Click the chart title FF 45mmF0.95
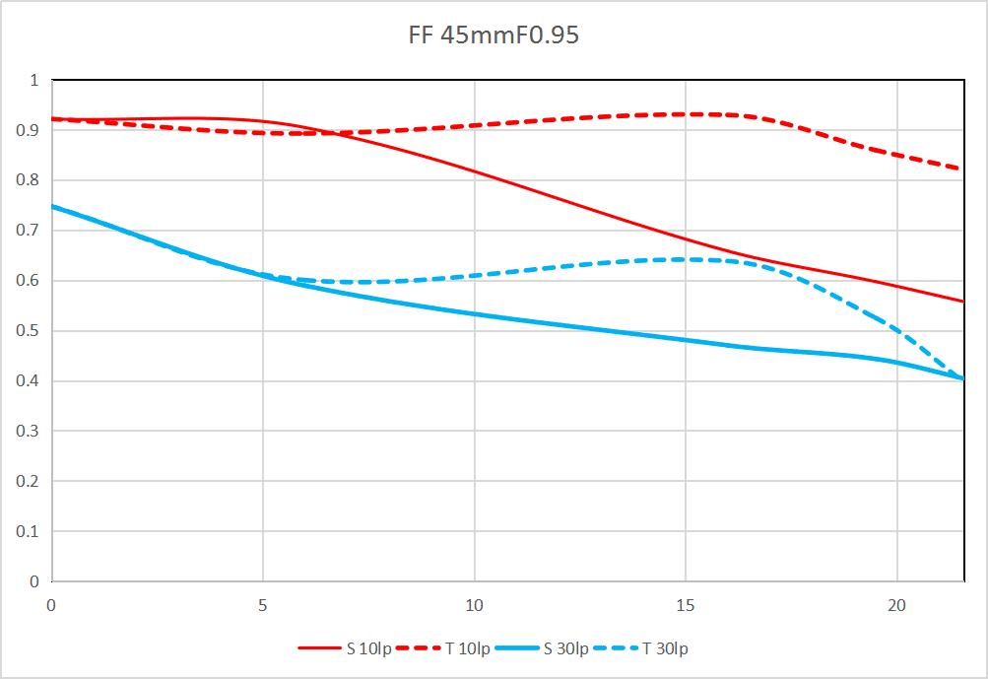[x=494, y=36]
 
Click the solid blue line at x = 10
[x=474, y=314]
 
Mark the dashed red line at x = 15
[x=686, y=114]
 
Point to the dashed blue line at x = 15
[x=686, y=259]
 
